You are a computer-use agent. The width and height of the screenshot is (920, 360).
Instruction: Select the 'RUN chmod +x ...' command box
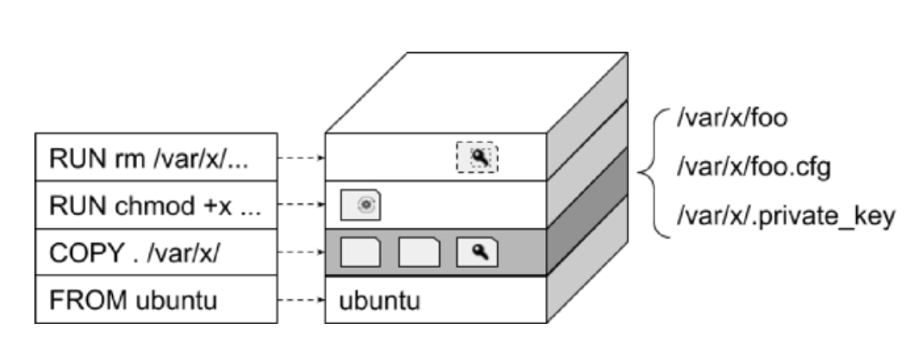(x=156, y=205)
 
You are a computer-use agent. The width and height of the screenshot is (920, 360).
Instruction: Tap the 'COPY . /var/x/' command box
(x=156, y=252)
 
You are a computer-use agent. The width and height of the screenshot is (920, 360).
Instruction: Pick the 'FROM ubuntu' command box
(x=156, y=300)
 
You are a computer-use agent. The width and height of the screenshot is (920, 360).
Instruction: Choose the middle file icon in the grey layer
(x=420, y=252)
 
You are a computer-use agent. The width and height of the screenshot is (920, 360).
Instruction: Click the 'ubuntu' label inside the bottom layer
(x=379, y=301)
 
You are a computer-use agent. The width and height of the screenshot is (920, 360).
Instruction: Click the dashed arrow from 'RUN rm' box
(x=301, y=158)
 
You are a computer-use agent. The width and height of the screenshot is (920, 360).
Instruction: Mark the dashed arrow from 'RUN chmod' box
(x=301, y=206)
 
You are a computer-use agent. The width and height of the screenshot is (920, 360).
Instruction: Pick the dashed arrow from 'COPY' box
(x=301, y=253)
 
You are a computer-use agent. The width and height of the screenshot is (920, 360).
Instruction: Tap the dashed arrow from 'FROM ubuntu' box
(x=301, y=301)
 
